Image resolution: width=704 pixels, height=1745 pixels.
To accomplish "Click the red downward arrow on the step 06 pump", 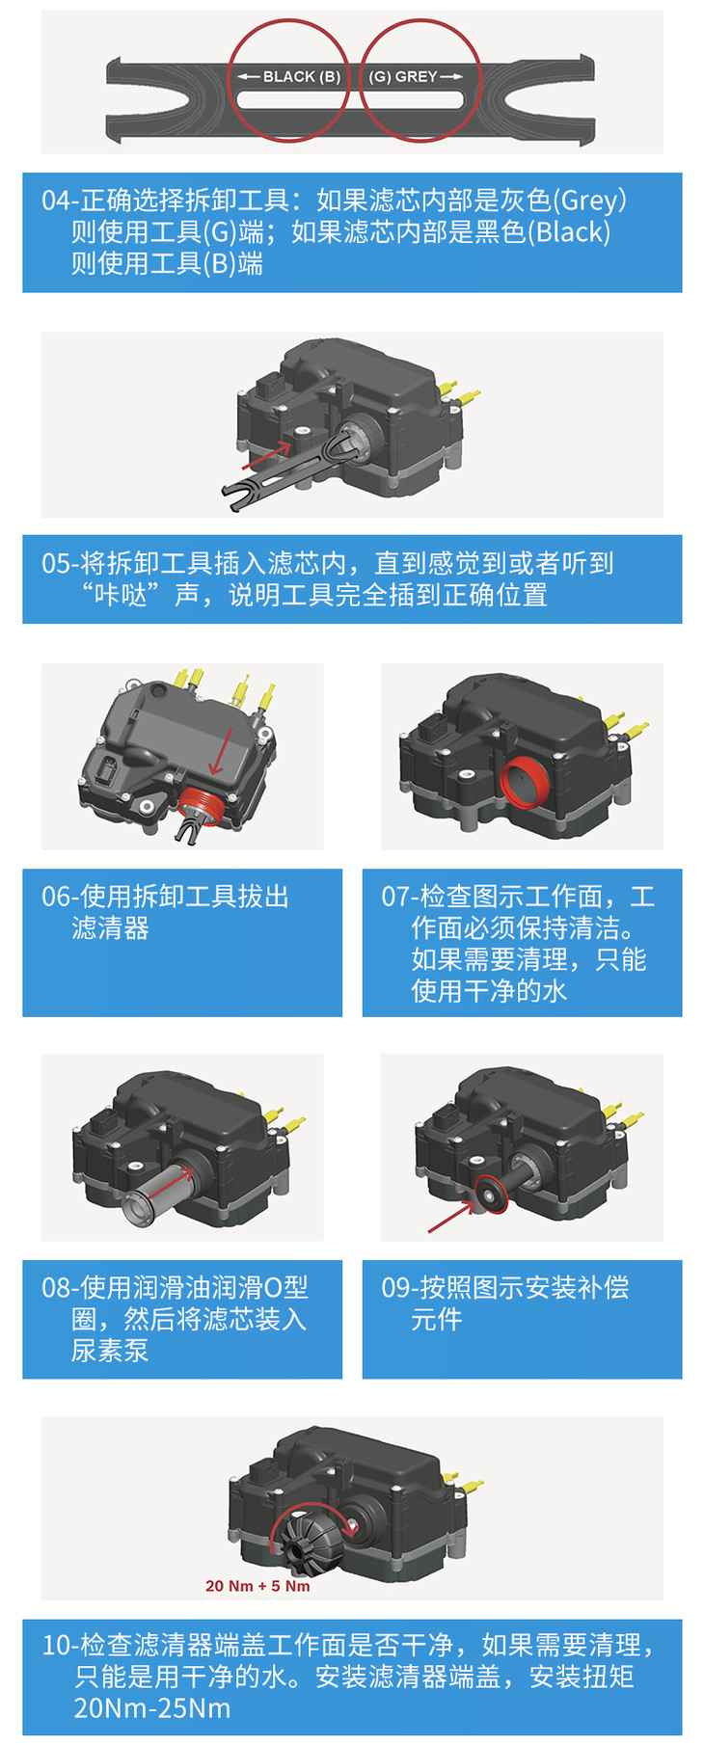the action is coord(218,752).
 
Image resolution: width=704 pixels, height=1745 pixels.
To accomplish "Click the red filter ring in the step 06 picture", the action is coord(204,804).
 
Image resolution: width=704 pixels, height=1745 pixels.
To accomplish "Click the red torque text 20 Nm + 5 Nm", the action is coord(257,1586).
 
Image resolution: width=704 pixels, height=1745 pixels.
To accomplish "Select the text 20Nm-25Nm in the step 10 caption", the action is coord(152,1709).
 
